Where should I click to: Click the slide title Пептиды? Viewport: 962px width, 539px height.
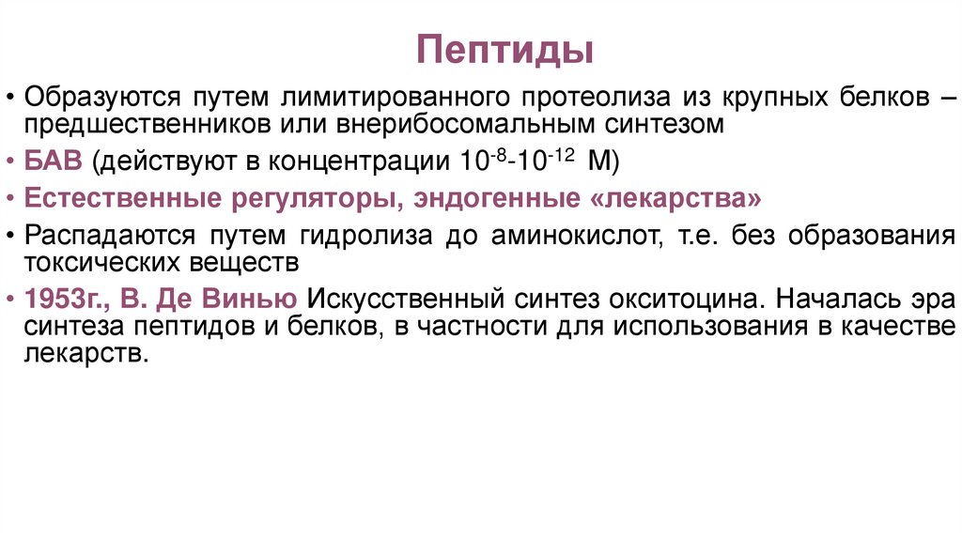pos(505,50)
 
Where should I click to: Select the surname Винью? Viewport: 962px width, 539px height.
pos(262,300)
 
